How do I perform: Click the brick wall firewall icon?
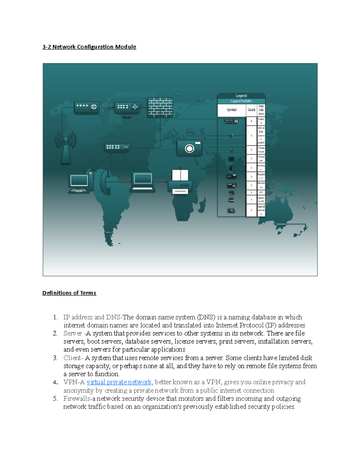160,107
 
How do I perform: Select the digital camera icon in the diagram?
189,148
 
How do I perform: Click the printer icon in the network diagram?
180,182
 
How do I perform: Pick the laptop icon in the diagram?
143,182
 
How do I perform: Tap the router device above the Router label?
127,107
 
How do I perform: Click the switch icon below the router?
117,147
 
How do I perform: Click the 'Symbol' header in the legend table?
232,110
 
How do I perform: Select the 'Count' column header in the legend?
251,110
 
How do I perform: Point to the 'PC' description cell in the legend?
261,192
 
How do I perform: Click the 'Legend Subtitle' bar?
241,101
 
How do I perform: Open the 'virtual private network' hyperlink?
119,382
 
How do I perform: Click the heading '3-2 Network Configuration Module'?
89,47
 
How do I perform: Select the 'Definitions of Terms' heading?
69,293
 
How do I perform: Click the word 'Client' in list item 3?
72,358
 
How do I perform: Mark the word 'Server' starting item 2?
73,333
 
